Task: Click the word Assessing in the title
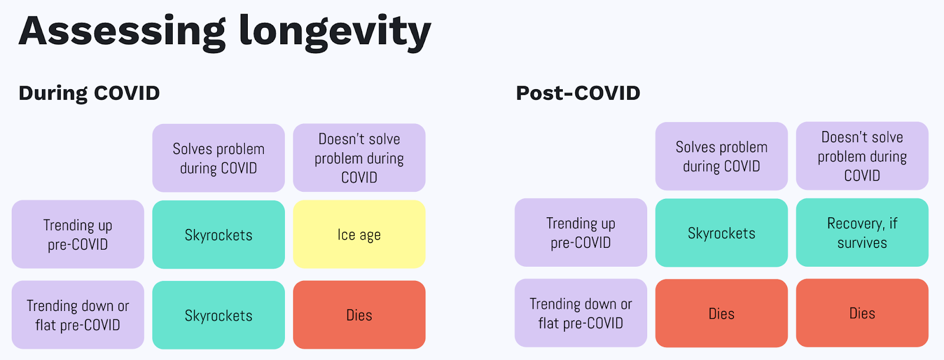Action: coord(122,32)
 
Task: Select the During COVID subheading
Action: coord(89,93)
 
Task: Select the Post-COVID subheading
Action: coord(578,93)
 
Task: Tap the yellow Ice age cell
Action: coord(359,234)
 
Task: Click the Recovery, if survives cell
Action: coord(862,233)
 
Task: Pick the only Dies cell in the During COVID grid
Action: coord(359,315)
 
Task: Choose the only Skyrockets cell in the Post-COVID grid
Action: coord(722,233)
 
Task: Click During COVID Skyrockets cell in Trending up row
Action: coord(218,234)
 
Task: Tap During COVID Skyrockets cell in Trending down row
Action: coord(218,315)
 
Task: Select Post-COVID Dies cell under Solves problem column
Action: coord(722,313)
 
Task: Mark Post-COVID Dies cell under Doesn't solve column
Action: coord(862,313)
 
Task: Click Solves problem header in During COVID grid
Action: coord(218,158)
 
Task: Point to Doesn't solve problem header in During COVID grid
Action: coord(359,158)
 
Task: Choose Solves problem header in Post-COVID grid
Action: coord(722,156)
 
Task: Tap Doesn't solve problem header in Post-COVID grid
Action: coord(862,156)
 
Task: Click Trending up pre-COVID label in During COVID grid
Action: coord(78,234)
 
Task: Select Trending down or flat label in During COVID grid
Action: coord(78,315)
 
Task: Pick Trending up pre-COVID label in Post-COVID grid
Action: coord(581,233)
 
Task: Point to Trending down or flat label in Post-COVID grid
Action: coord(581,313)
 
